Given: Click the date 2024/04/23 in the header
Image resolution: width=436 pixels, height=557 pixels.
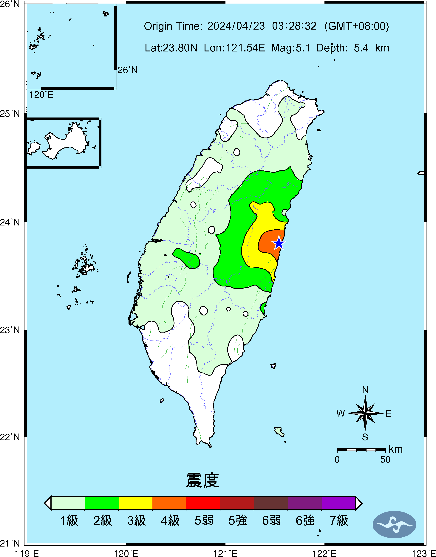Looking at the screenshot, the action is click(x=236, y=26).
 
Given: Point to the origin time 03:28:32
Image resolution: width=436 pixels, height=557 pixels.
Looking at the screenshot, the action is click(x=294, y=26).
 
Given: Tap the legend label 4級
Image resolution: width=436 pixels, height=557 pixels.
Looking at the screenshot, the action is click(x=170, y=521).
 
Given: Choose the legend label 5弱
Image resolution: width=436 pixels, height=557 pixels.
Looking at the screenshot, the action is click(x=204, y=521).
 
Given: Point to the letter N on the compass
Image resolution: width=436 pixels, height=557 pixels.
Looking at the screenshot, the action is click(x=365, y=390).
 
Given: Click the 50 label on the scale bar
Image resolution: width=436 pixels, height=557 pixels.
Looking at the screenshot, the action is click(x=385, y=460).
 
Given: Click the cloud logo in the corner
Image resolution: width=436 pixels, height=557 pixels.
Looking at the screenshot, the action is click(x=394, y=524).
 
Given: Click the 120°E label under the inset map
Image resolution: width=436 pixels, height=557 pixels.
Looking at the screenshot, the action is click(x=41, y=95).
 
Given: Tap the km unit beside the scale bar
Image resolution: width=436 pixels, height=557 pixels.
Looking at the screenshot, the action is click(x=396, y=449).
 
